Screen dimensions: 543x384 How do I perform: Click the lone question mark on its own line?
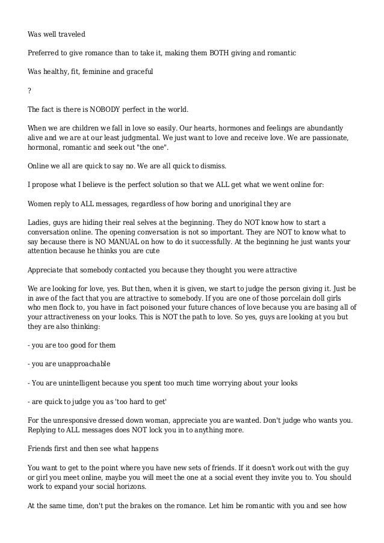pos(30,91)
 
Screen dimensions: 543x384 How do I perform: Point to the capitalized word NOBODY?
pos(90,110)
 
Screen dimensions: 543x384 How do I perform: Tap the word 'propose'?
pos(47,185)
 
